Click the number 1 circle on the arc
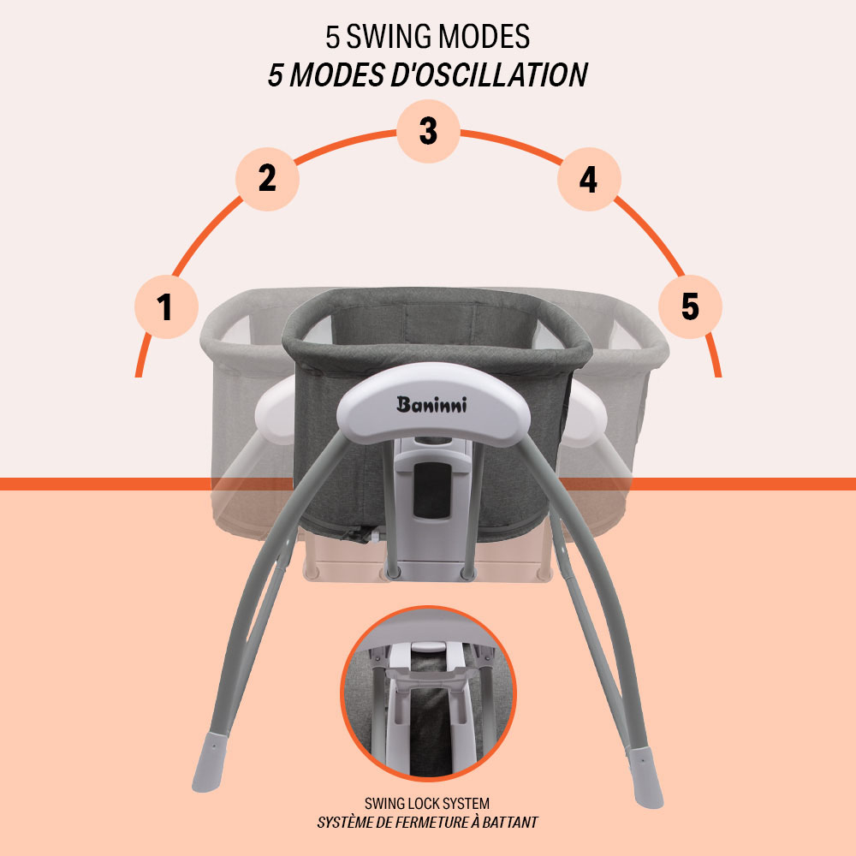167,306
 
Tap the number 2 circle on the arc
267,179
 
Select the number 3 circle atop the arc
428,131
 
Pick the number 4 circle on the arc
589,179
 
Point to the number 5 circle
690,306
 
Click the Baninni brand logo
431,405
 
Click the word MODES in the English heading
484,37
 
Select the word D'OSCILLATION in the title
489,74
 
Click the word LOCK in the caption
426,804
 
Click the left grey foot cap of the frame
210,762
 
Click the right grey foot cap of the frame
645,777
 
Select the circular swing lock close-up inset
428,693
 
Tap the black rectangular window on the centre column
431,490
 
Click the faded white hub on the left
276,411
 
